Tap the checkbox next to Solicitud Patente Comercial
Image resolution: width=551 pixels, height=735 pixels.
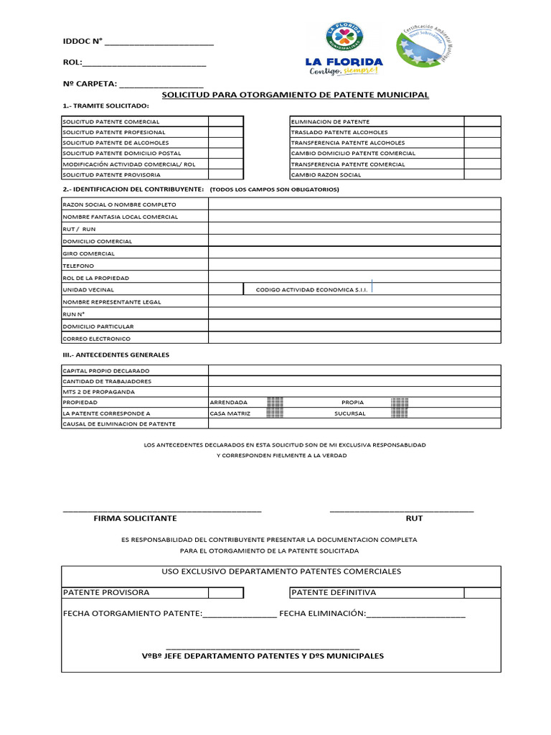click(226, 121)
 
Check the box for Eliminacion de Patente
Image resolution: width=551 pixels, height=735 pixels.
click(482, 121)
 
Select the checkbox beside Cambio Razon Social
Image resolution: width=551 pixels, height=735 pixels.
click(482, 174)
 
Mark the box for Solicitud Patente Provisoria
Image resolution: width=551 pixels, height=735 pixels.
click(226, 174)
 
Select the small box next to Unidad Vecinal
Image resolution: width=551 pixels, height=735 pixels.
click(226, 289)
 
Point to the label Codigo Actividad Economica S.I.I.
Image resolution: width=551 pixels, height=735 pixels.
click(311, 290)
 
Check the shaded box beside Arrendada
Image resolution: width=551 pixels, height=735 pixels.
click(275, 403)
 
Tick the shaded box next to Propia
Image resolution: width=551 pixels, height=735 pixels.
click(400, 403)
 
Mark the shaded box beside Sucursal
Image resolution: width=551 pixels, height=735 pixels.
click(400, 413)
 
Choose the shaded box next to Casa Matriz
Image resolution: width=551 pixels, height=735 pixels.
click(275, 413)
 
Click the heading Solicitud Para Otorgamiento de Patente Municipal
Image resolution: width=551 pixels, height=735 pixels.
click(295, 95)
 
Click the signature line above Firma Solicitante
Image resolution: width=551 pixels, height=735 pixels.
click(162, 509)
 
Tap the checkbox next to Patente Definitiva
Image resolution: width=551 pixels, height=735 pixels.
click(482, 592)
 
